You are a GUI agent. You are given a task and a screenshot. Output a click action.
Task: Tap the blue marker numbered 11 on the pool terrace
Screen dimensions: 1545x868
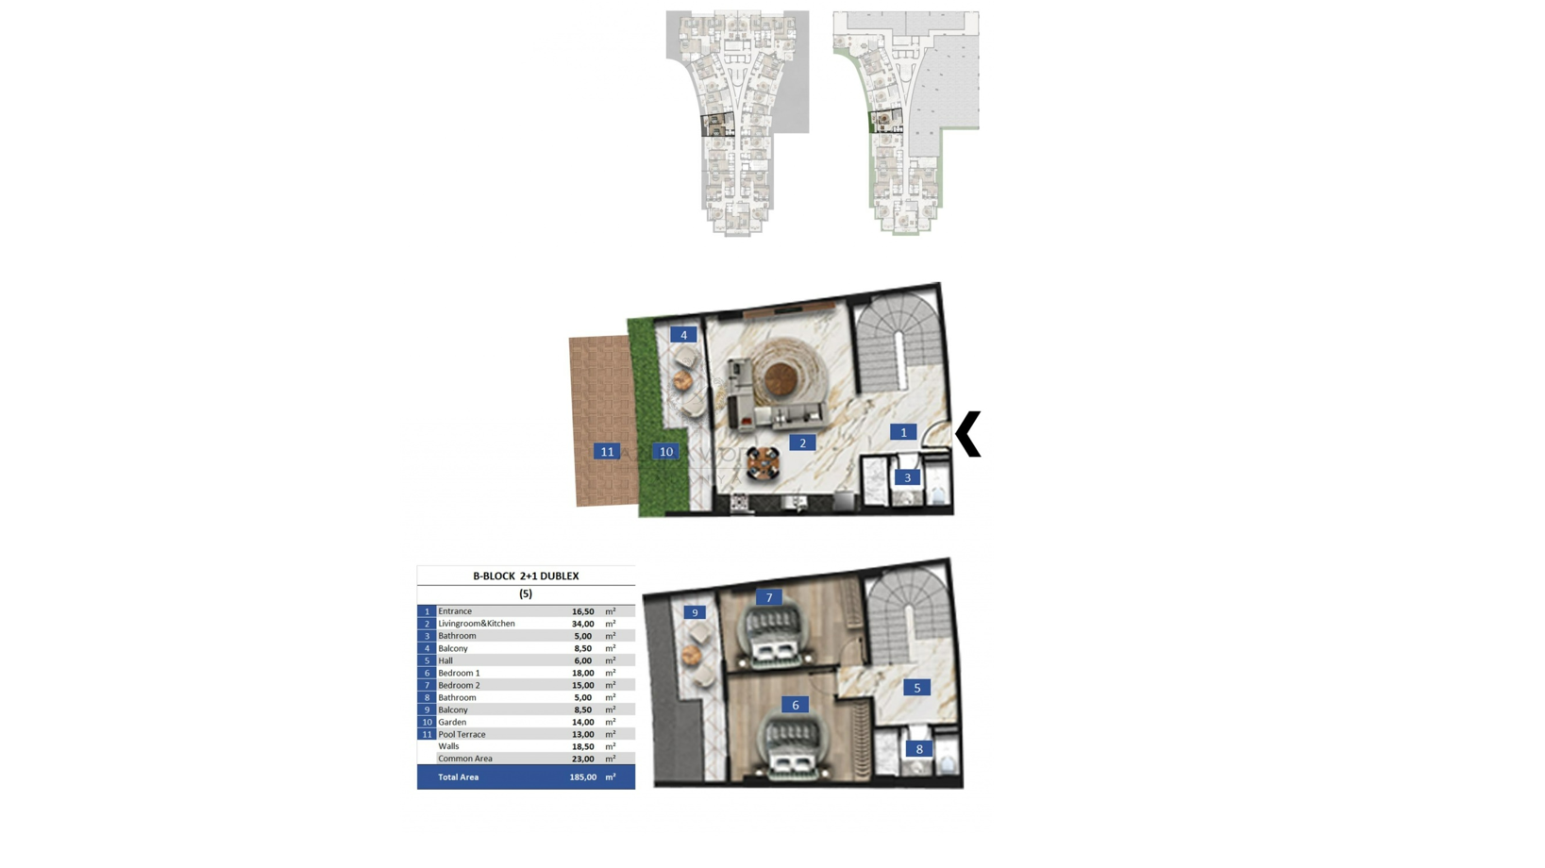(x=607, y=452)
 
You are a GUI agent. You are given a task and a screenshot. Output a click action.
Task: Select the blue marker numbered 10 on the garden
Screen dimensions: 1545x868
(x=666, y=452)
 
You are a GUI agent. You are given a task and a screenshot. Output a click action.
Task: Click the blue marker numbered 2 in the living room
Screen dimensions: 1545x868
(x=802, y=442)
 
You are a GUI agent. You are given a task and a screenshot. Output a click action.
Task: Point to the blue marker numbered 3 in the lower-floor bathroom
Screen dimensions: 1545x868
(x=908, y=477)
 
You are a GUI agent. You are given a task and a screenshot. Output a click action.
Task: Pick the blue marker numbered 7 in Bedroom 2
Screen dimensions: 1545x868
(x=769, y=597)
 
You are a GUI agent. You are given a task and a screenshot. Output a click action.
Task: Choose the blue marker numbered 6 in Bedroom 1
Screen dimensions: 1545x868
(x=796, y=705)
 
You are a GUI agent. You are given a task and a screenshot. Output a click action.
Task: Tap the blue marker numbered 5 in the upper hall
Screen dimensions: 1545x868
(x=917, y=688)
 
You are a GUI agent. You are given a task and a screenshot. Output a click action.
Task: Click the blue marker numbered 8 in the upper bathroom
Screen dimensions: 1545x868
(x=919, y=749)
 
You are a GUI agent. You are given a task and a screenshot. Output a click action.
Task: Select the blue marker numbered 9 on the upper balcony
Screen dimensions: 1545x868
(x=695, y=612)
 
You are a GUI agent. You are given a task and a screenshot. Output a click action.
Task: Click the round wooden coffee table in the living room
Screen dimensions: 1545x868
(x=781, y=378)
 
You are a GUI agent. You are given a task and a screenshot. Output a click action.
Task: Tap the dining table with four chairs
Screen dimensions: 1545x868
(x=763, y=463)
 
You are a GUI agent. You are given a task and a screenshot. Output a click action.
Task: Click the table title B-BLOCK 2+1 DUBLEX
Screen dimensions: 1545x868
(x=526, y=576)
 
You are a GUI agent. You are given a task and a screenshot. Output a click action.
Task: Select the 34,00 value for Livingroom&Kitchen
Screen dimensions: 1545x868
(x=583, y=624)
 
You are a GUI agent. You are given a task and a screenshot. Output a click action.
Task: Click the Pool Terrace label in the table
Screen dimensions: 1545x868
(x=462, y=734)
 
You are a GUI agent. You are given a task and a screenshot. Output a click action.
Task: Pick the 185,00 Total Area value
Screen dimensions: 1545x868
(x=583, y=777)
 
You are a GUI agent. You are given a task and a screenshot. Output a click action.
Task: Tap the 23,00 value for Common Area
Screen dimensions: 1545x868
(x=583, y=759)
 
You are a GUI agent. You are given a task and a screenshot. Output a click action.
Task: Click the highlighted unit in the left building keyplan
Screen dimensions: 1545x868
(x=718, y=125)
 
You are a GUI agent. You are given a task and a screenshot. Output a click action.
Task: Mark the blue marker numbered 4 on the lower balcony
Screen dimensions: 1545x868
(x=683, y=335)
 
